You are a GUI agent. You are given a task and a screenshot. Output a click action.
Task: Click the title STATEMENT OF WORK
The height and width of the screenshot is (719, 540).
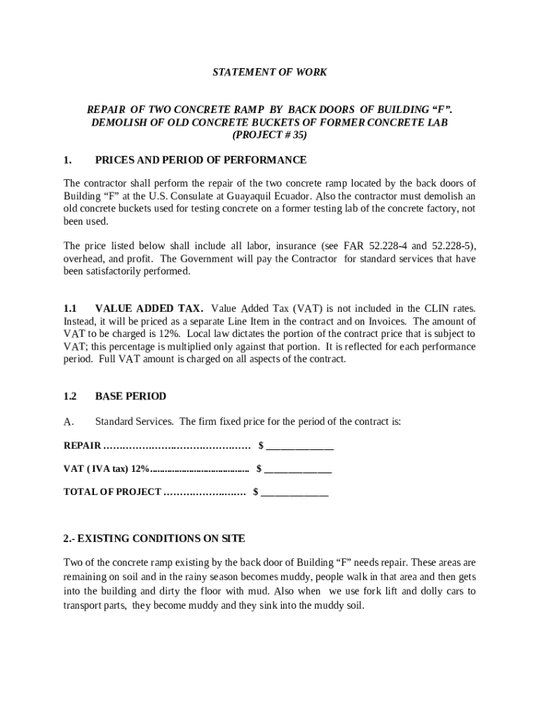coord(269,72)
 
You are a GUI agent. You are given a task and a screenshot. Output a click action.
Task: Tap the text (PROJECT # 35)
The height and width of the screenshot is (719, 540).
coord(269,134)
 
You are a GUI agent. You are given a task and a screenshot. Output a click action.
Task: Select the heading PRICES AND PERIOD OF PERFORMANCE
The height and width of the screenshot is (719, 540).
coord(201,160)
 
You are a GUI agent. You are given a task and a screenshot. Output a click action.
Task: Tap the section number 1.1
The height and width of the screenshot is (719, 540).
coord(70,308)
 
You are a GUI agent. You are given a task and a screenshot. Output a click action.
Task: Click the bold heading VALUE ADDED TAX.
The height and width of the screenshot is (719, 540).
coord(149,308)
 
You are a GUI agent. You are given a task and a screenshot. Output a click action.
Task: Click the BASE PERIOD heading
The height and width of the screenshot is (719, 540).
coord(130,396)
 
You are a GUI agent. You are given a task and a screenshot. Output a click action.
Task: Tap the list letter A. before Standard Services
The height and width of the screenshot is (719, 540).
coord(69,422)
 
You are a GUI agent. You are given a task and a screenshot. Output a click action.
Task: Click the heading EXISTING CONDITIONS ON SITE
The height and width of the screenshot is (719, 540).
coord(161,539)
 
